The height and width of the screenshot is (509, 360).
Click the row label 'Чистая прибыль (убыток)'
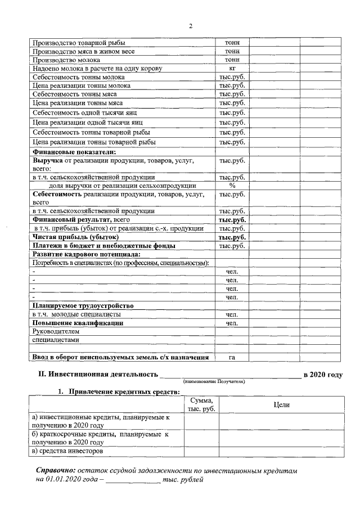(75, 237)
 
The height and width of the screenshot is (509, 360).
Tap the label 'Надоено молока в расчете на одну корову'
(97, 68)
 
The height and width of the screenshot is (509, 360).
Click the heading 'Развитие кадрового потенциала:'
(86, 254)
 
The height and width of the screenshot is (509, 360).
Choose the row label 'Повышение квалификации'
(78, 323)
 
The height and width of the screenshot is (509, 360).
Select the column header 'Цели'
(281, 404)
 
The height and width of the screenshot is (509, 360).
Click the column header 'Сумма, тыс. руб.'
(201, 404)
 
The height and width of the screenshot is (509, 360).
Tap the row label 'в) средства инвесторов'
(67, 451)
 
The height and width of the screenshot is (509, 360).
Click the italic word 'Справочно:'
(55, 469)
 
